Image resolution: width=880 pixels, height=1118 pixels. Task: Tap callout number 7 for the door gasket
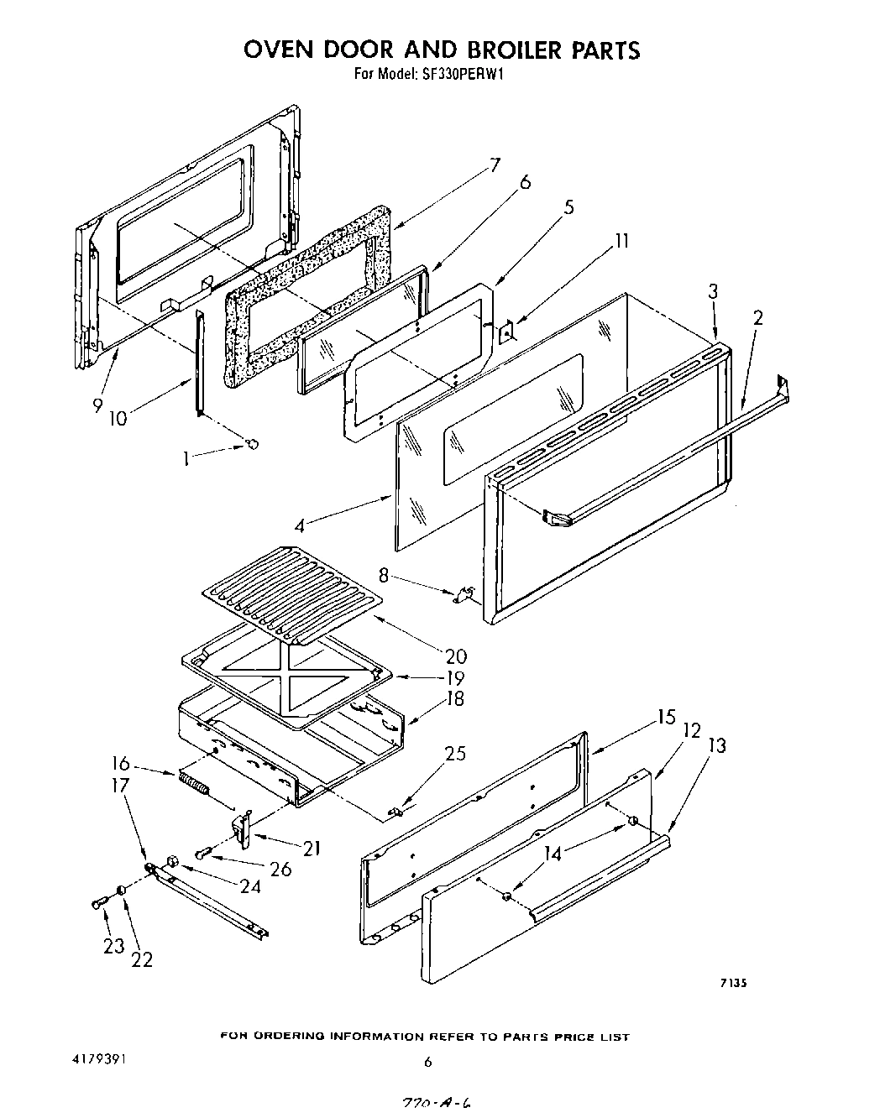(495, 165)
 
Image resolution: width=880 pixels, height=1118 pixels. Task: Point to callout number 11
(621, 241)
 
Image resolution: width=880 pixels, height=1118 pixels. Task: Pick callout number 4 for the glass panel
(300, 526)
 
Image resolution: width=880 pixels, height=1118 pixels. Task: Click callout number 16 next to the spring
(121, 764)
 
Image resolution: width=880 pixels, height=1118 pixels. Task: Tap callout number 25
(454, 754)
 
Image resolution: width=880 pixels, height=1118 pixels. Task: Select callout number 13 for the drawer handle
(717, 745)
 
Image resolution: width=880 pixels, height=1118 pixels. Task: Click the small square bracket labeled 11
(506, 332)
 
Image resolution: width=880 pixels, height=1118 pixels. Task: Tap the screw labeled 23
(97, 903)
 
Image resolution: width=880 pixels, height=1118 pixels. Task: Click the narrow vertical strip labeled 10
(200, 361)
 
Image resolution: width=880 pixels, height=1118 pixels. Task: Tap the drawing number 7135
(732, 984)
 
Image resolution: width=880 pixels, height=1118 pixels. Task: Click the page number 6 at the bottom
(427, 1062)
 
